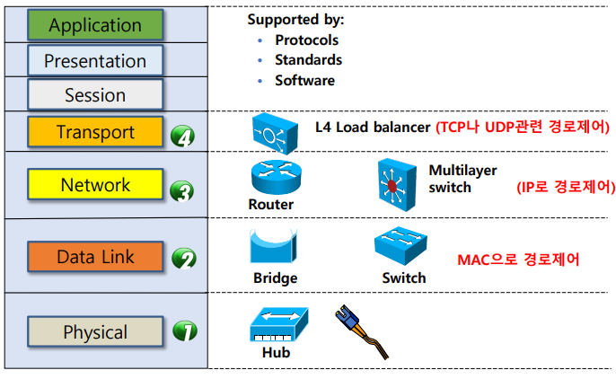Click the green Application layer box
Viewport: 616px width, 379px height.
(95, 25)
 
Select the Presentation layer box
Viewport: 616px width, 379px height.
(95, 61)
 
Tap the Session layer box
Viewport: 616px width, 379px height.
(95, 94)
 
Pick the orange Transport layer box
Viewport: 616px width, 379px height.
(95, 132)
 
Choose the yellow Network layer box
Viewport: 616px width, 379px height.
(95, 185)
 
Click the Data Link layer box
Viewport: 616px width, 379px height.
(95, 257)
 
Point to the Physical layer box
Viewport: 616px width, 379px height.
(95, 331)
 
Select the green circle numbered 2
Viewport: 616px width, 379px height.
(183, 260)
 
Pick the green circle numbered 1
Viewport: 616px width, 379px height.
(183, 331)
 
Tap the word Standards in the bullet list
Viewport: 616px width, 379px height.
(308, 60)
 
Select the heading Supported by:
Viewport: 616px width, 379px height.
(295, 19)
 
